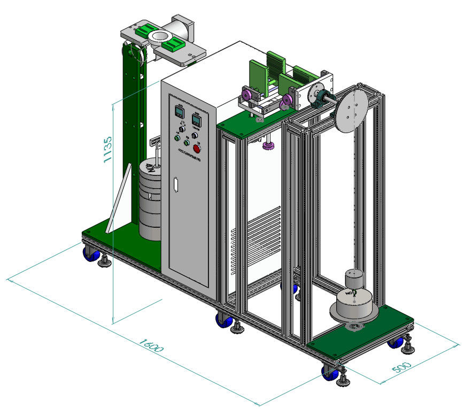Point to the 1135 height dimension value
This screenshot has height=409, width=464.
pyautogui.click(x=106, y=149)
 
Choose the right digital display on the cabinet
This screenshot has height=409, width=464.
pyautogui.click(x=196, y=120)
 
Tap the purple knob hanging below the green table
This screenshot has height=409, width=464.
pyautogui.click(x=268, y=145)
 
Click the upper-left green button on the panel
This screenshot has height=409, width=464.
pyautogui.click(x=176, y=138)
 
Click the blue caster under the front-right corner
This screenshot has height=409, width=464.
pyautogui.click(x=328, y=371)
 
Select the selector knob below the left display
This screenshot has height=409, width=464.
pyautogui.click(x=182, y=129)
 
